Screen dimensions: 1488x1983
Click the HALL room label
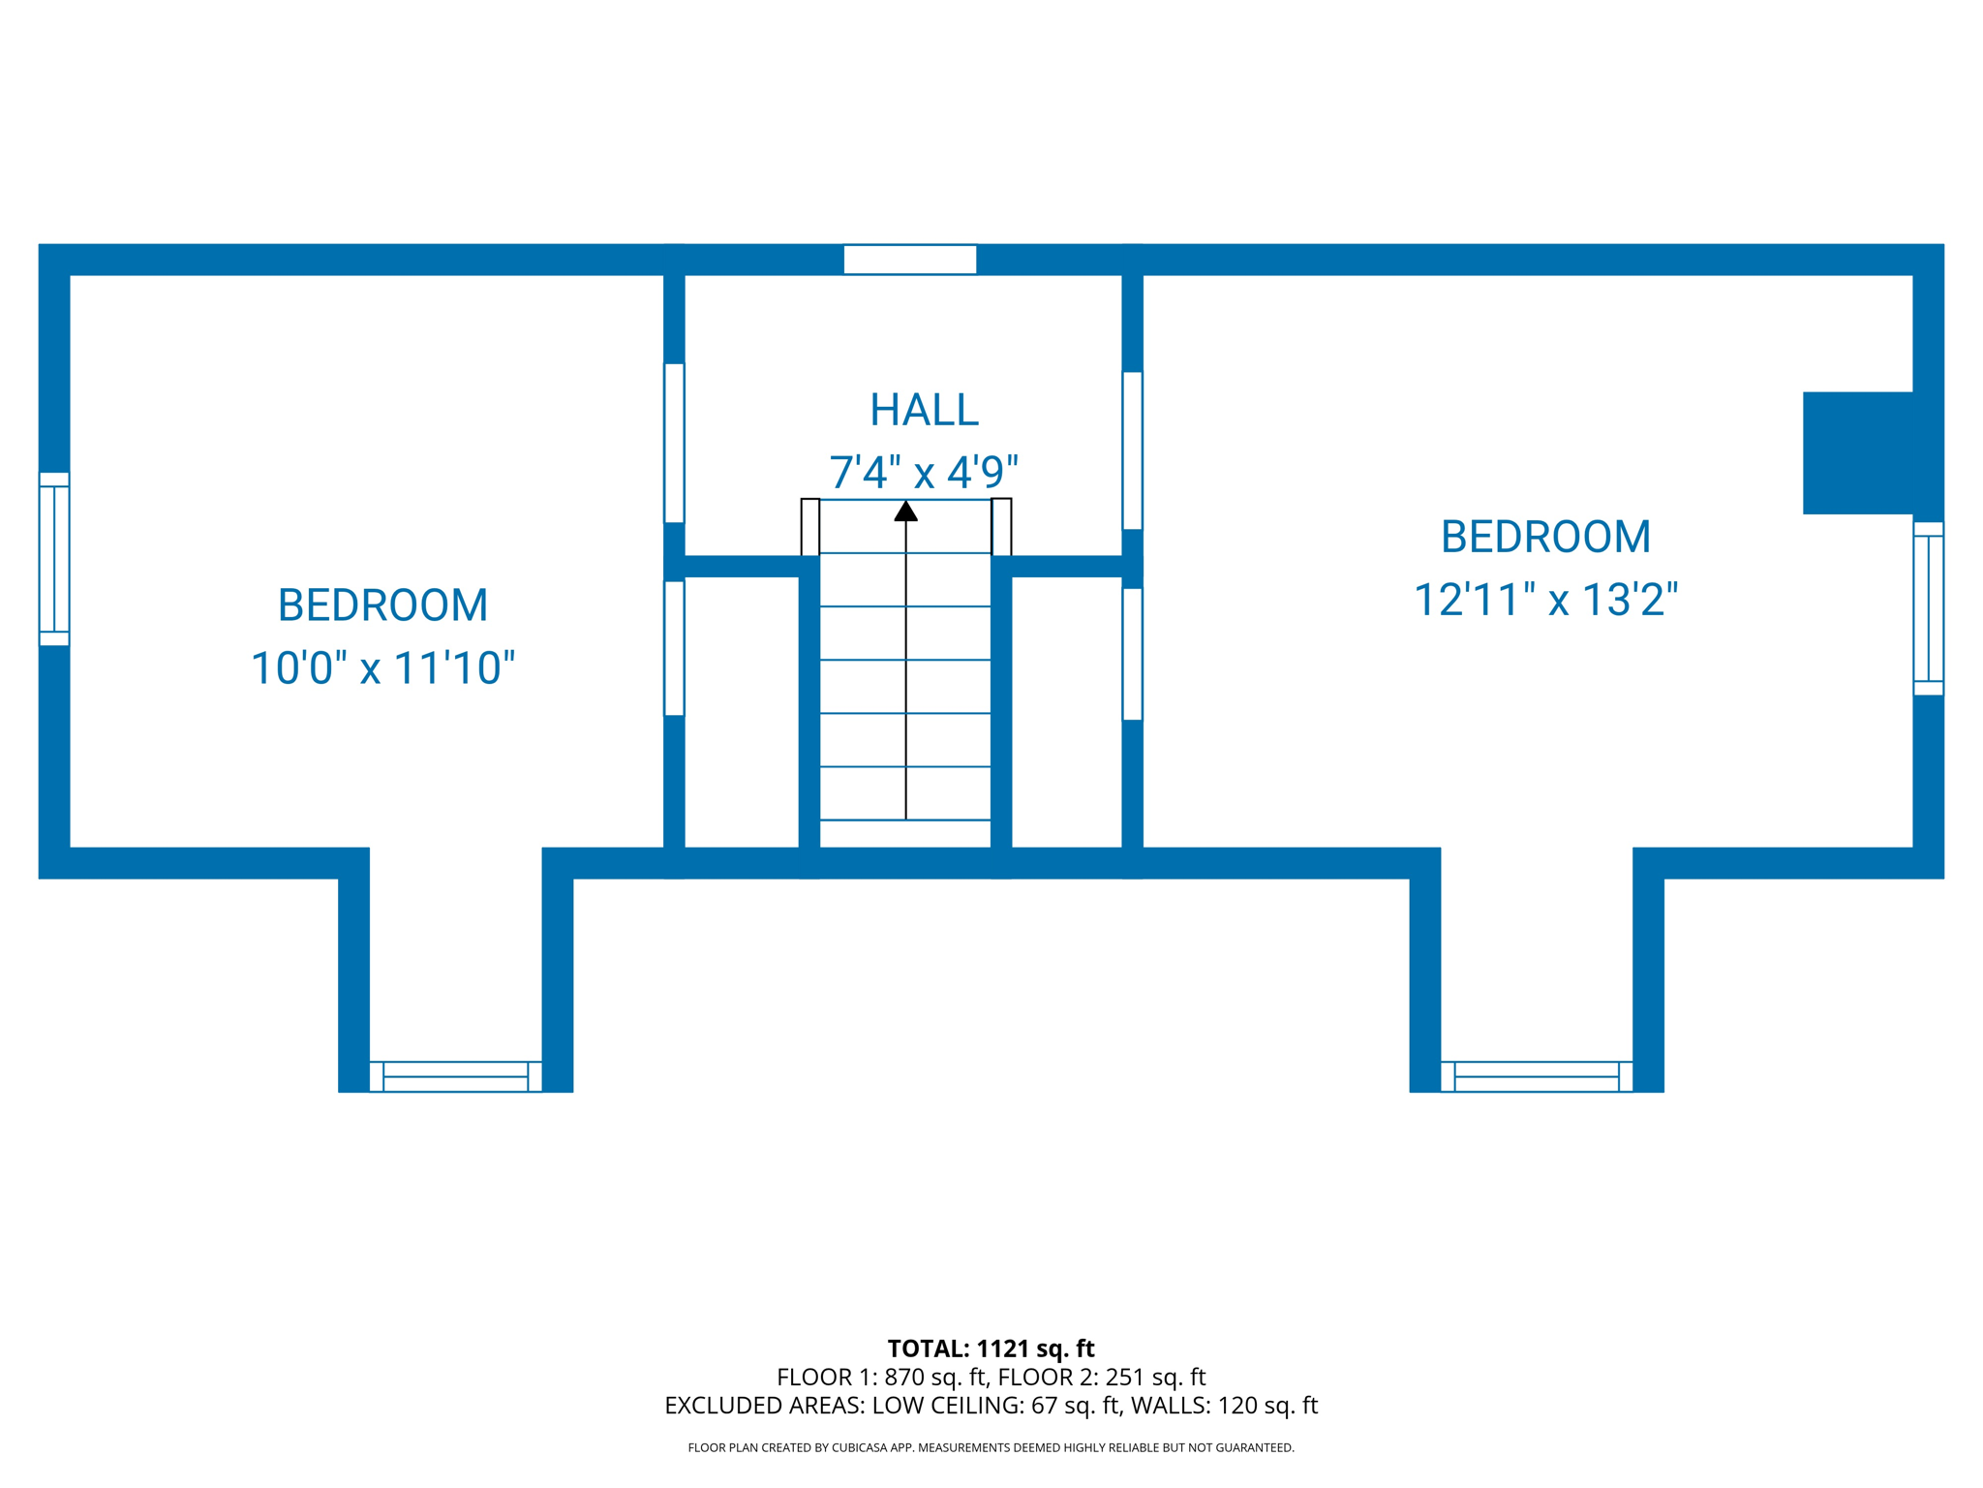[x=924, y=410]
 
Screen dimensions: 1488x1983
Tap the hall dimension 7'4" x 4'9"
[x=924, y=473]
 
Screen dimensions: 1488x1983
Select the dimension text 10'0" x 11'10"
[x=382, y=668]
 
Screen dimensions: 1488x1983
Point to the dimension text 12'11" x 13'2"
[x=1545, y=600]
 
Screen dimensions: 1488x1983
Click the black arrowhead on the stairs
[x=905, y=511]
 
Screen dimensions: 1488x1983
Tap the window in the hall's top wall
[x=909, y=260]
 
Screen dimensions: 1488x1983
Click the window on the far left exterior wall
[x=54, y=559]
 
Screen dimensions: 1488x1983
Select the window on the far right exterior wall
[x=1928, y=608]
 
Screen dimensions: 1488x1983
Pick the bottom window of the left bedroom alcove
[x=455, y=1076]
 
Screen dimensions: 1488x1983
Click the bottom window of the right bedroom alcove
[x=1537, y=1076]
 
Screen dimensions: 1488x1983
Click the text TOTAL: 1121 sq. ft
[x=991, y=1348]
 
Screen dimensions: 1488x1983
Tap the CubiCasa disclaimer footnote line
[x=991, y=1447]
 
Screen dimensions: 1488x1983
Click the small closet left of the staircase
[x=742, y=712]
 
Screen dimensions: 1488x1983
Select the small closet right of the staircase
[x=1067, y=712]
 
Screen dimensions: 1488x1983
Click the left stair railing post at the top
[x=810, y=527]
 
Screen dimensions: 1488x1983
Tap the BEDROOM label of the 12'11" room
[x=1545, y=537]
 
